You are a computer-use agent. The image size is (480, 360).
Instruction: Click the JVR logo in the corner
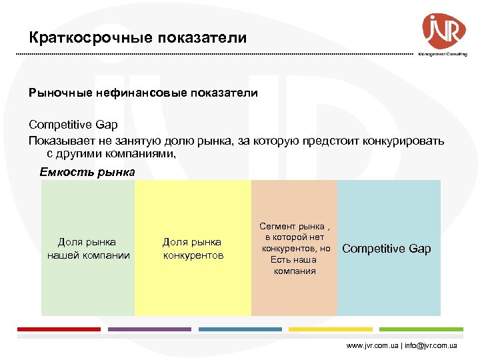[x=443, y=31]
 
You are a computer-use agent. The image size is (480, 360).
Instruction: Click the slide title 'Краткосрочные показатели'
[x=137, y=38]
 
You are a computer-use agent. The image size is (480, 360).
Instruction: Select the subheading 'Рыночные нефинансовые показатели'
[x=143, y=93]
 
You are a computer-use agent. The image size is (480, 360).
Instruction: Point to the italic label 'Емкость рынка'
[x=87, y=172]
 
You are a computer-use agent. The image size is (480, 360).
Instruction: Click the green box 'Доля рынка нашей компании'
[x=88, y=248]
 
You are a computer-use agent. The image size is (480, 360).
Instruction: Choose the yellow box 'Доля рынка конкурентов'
[x=193, y=248]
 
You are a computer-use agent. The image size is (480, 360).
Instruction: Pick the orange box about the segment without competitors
[x=294, y=248]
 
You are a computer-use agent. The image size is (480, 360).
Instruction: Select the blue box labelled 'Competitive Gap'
[x=388, y=248]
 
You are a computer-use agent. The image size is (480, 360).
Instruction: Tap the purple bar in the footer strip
[x=149, y=329]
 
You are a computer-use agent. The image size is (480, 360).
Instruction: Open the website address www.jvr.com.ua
[x=372, y=346]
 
